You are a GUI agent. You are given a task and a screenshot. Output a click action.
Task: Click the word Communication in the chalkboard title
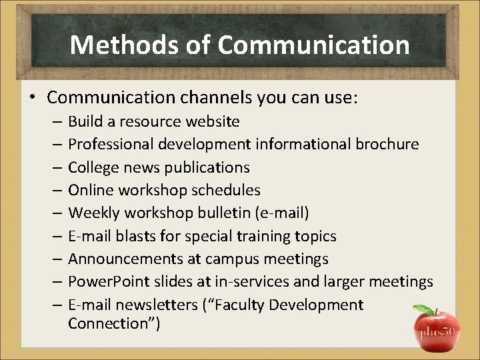313,45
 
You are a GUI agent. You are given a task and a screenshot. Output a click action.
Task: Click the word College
93,167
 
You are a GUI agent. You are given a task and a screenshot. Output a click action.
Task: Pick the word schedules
226,190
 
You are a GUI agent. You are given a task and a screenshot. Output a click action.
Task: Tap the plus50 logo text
437,332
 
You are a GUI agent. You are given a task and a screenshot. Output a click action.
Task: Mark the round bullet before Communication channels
32,98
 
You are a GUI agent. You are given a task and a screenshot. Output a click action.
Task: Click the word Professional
108,144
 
